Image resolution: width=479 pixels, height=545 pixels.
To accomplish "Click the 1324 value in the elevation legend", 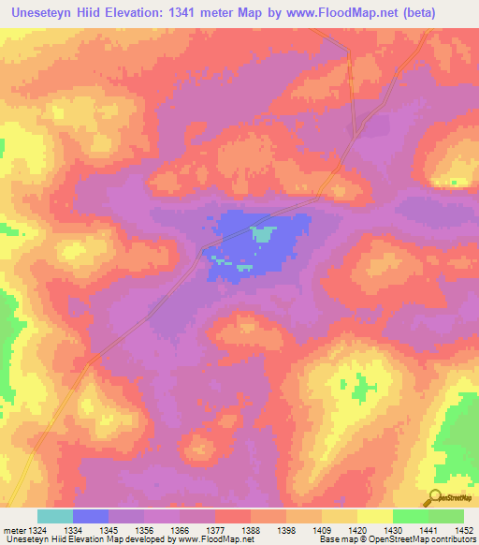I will [28, 529].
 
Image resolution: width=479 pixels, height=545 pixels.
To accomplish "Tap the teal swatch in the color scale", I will [55, 516].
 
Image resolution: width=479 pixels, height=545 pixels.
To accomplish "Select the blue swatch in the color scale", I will [91, 516].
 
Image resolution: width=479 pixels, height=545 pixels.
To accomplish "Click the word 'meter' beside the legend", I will [12, 529].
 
